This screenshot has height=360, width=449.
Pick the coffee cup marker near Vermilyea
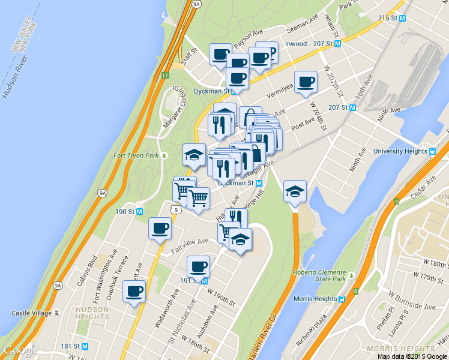306,82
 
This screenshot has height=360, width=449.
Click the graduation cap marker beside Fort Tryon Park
194,155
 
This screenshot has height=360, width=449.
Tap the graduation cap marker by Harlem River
295,191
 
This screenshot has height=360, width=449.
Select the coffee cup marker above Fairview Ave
160,228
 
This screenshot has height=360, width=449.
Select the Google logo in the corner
20,350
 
